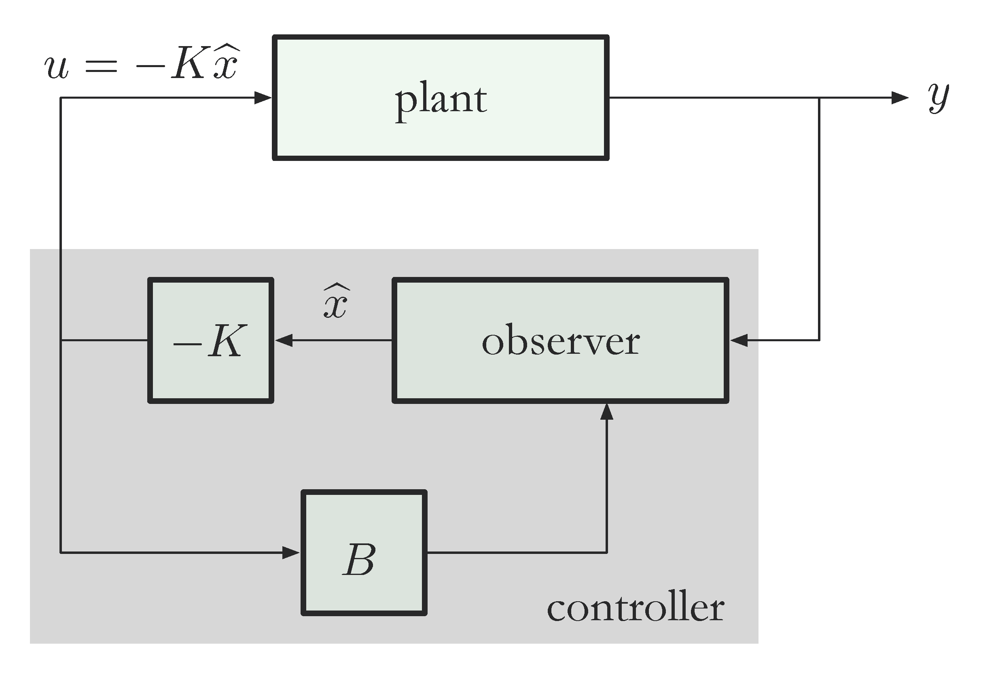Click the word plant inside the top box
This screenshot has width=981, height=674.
(441, 101)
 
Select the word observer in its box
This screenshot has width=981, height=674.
(560, 341)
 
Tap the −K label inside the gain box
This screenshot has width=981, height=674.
(210, 341)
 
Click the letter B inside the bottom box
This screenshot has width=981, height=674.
(360, 560)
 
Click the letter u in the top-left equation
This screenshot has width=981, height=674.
(56, 68)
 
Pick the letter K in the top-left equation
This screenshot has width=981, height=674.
(190, 63)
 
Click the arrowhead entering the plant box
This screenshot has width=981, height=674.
(263, 98)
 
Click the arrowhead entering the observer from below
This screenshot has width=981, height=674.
(607, 412)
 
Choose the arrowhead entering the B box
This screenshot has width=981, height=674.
(291, 552)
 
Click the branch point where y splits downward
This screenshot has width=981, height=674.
(819, 98)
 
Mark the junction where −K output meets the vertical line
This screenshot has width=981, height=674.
(61, 340)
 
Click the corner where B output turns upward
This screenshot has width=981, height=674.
(607, 552)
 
